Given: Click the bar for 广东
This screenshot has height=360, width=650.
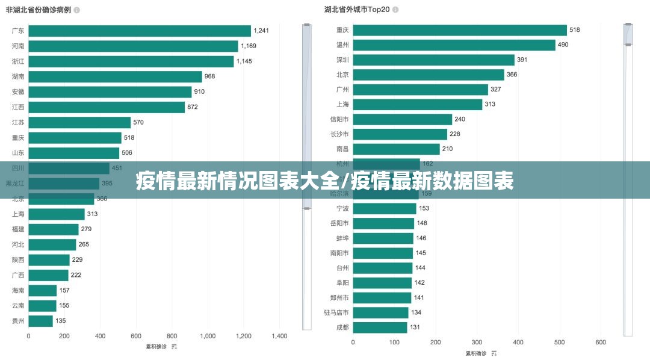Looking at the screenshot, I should coord(140,31).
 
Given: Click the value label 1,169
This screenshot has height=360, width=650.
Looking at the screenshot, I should coord(249,46).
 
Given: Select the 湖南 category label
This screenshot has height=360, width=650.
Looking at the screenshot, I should coord(18,76).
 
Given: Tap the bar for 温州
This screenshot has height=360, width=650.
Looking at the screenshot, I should coord(454,45).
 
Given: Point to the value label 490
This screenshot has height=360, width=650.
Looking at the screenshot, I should coord(563,45).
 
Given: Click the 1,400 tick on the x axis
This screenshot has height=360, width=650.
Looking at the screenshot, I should coord(279,336).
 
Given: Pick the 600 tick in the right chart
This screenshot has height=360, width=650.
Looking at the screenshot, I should coord(601,342).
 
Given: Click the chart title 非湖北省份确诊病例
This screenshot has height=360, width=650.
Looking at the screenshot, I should coord(38,10).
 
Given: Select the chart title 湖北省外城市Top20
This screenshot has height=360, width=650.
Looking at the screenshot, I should coord(357,10).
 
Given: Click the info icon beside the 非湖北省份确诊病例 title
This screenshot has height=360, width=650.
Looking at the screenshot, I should coord(76,10).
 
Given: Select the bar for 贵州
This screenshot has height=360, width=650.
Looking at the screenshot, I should coord(40,321).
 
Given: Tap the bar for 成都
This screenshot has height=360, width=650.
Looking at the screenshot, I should coord(380,327).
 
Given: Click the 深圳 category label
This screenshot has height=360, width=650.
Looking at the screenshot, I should coord(342,60).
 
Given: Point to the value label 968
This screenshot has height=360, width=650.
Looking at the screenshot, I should coord(209,76).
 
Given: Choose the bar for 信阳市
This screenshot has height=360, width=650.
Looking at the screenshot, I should coord(402,119).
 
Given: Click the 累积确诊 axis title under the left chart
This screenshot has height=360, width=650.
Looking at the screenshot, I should coord(156,347).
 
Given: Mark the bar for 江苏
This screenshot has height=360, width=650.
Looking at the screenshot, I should coord(79,122).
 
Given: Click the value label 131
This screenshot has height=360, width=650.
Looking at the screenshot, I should coord(415,327).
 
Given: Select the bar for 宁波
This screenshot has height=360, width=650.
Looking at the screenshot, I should coord(384,208).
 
